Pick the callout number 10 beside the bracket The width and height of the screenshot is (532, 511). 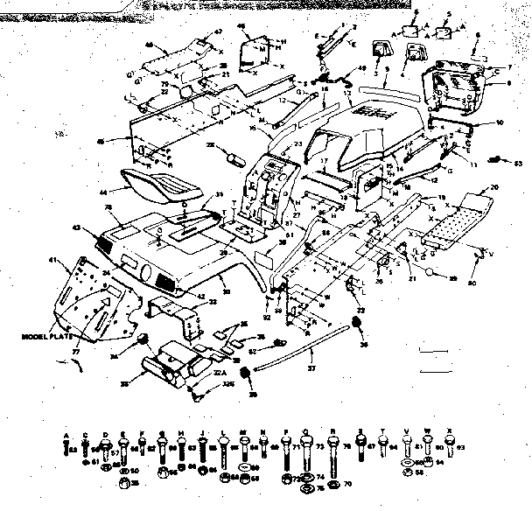500,122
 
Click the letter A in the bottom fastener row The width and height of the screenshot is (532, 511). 68,432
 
